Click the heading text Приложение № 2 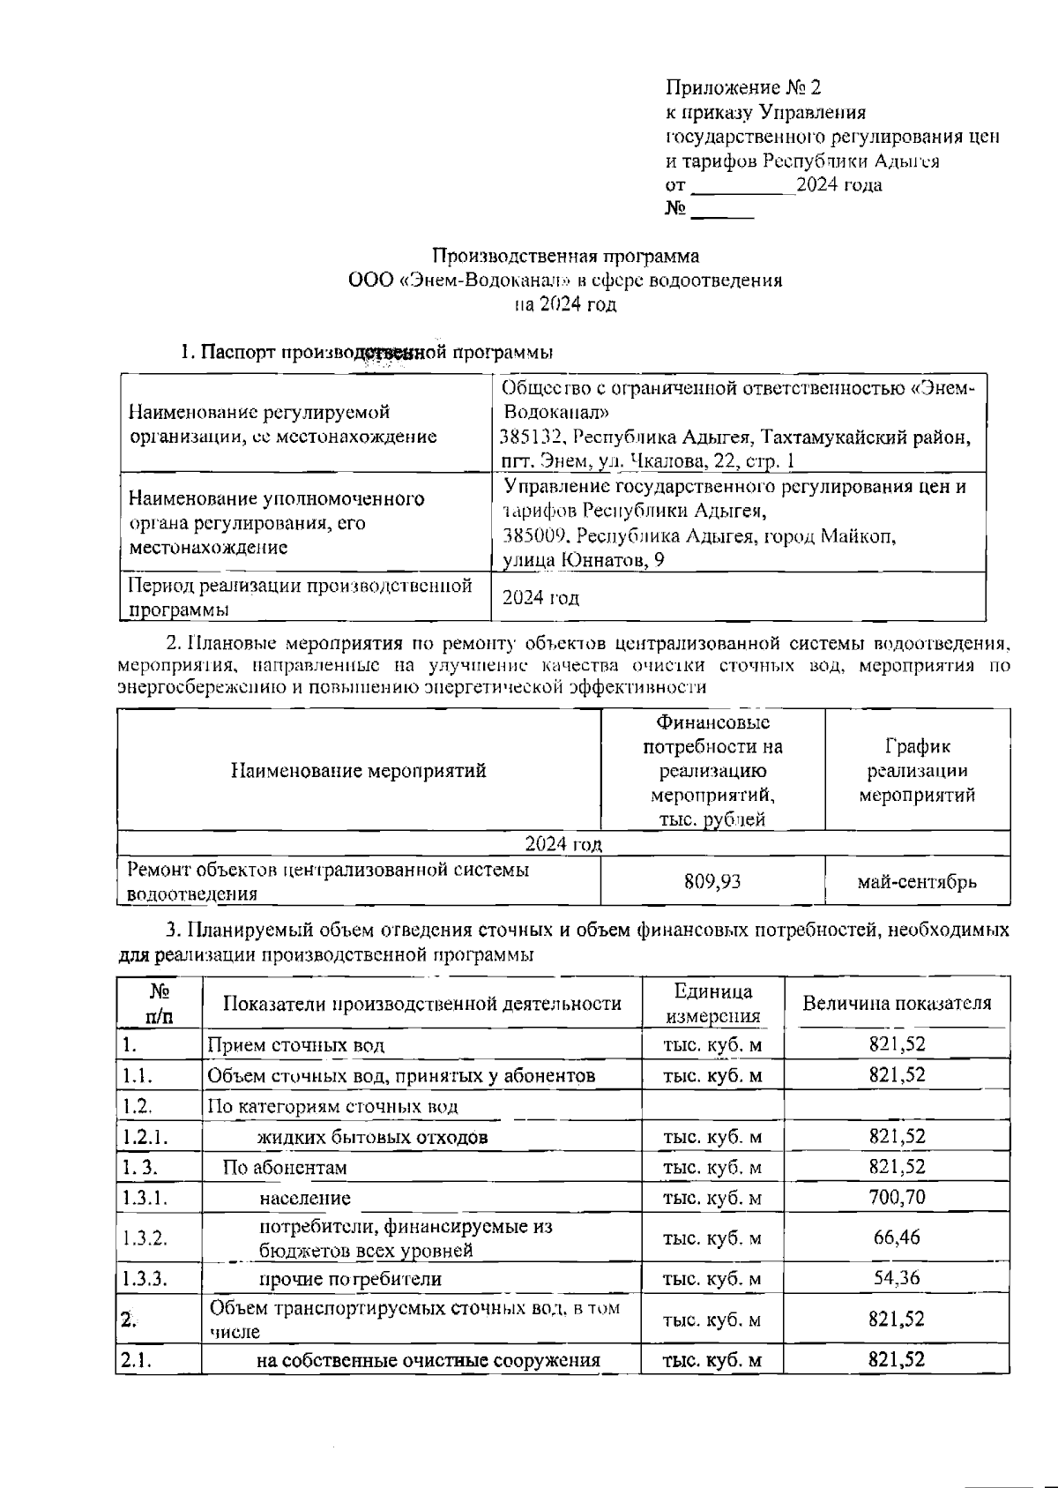click(x=743, y=87)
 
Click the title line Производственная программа click(x=565, y=256)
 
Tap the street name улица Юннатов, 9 click(x=583, y=560)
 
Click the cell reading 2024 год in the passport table click(x=540, y=598)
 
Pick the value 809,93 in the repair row click(x=712, y=881)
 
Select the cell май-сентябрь click(x=917, y=881)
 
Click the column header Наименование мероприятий click(x=358, y=771)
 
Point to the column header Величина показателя click(x=896, y=1003)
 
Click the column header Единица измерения click(x=712, y=1003)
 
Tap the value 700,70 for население click(x=897, y=1198)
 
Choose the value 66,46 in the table click(x=897, y=1238)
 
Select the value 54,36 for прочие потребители click(x=897, y=1278)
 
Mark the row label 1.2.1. click(x=145, y=1137)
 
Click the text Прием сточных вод click(x=295, y=1046)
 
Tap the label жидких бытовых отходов click(x=372, y=1137)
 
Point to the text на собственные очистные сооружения click(x=428, y=1360)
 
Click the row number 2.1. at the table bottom click(x=137, y=1360)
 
